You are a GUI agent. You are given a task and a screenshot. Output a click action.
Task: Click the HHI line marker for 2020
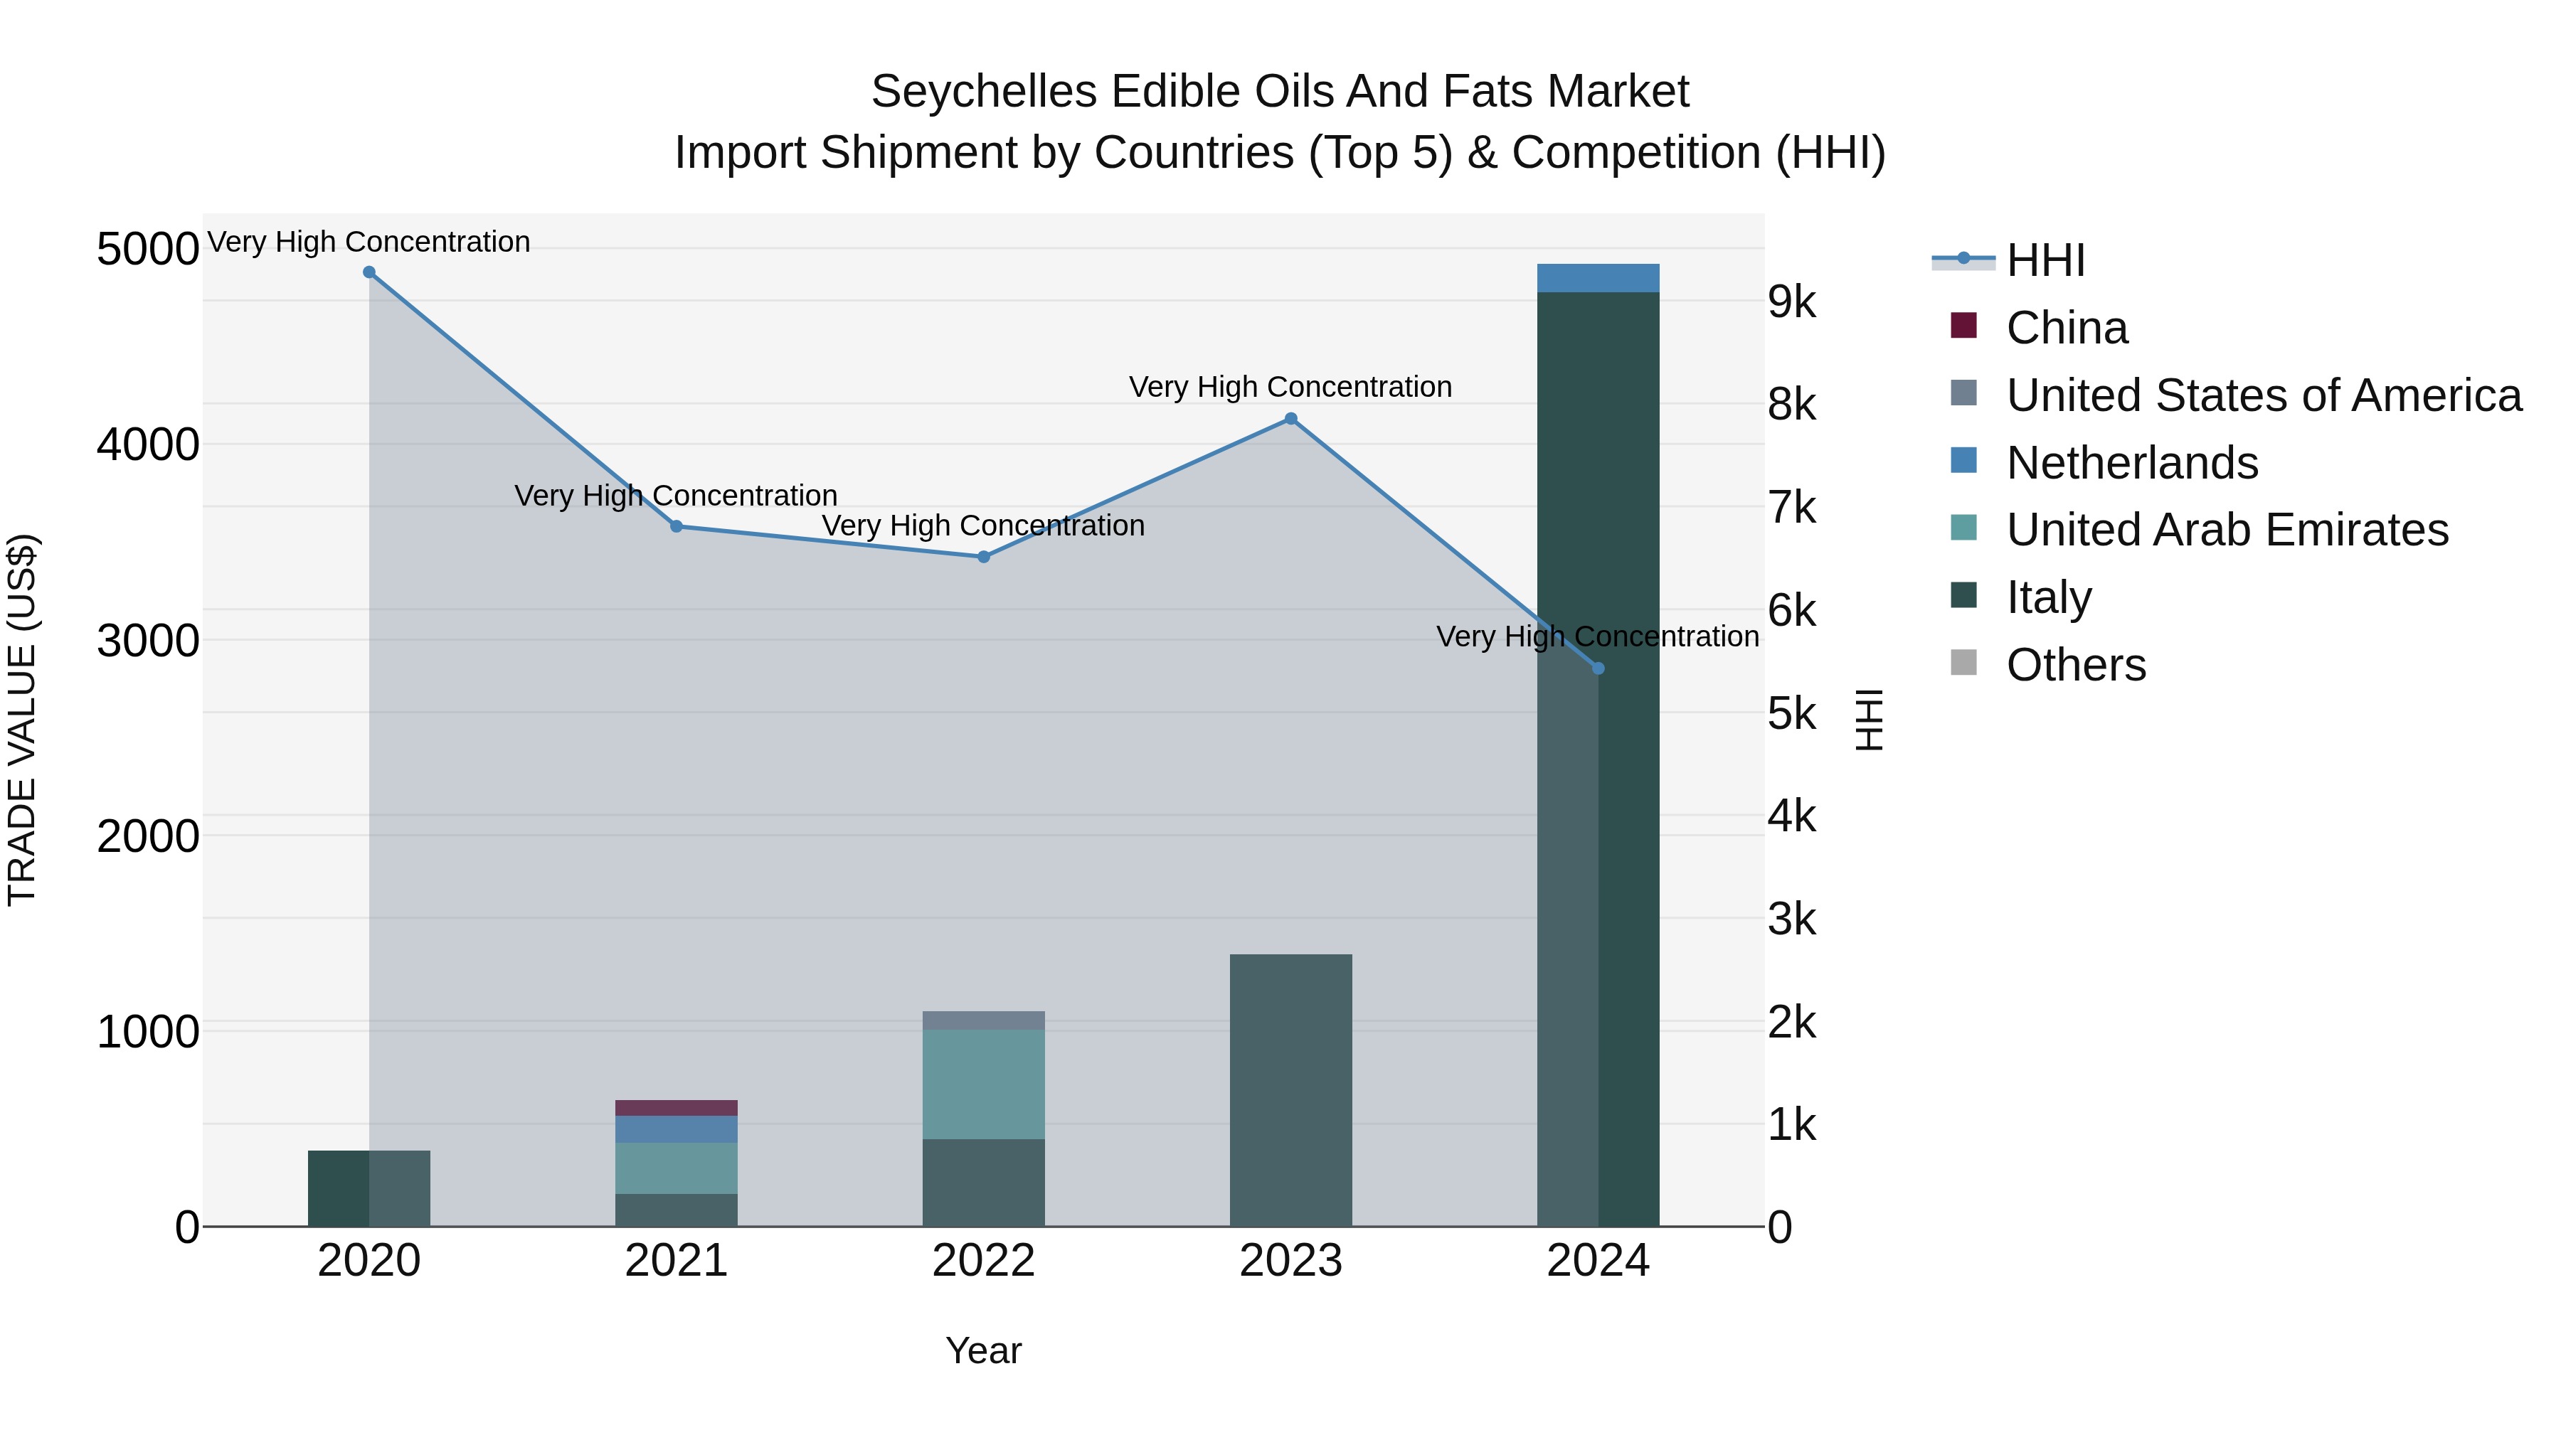pyautogui.click(x=368, y=272)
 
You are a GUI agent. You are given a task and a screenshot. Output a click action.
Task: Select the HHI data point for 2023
pyautogui.click(x=1290, y=418)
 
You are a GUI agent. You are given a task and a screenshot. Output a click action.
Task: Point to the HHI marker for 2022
pyautogui.click(x=983, y=558)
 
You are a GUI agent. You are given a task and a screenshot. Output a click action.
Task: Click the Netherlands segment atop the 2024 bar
pyautogui.click(x=1598, y=278)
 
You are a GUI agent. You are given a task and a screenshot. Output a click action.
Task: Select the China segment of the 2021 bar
pyautogui.click(x=676, y=1108)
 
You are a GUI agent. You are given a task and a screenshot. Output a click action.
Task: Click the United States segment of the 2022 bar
pyautogui.click(x=983, y=1020)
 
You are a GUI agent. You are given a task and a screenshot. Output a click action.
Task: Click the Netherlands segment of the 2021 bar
pyautogui.click(x=676, y=1130)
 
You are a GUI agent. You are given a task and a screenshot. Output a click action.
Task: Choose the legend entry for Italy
pyautogui.click(x=2048, y=597)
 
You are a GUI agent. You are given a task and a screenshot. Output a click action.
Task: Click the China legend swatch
pyautogui.click(x=1963, y=326)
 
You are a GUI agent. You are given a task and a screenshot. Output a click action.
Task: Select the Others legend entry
pyautogui.click(x=2075, y=665)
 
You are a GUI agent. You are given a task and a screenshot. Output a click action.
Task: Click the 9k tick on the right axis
pyautogui.click(x=1791, y=302)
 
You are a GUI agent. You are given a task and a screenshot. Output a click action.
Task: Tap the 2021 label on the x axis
pyautogui.click(x=676, y=1261)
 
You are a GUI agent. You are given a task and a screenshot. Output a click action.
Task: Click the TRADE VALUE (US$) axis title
pyautogui.click(x=22, y=720)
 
